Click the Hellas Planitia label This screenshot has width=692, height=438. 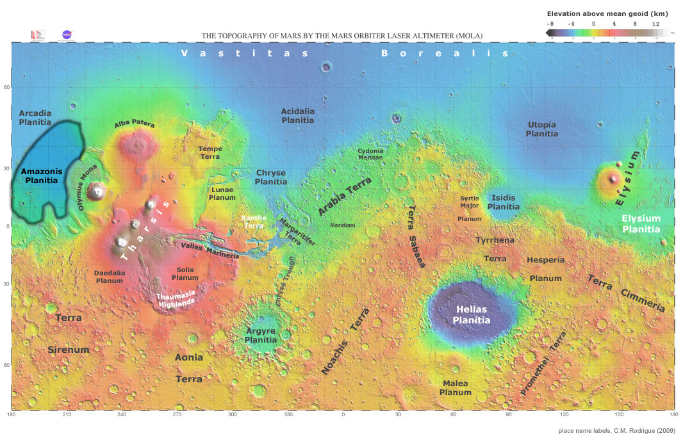(472, 314)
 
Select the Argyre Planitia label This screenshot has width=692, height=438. (261, 336)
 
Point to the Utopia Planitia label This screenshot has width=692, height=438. (541, 129)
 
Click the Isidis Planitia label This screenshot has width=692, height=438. (504, 202)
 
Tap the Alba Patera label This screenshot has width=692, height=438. (135, 124)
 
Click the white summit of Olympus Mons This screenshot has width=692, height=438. (97, 190)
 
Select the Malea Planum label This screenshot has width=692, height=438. (456, 387)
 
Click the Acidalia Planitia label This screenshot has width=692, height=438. (298, 115)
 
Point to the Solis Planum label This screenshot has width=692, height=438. (185, 273)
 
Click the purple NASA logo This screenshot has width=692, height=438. (67, 35)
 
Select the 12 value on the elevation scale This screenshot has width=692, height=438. (655, 23)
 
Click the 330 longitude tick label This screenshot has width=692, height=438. (288, 415)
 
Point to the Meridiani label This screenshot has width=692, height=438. (343, 225)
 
